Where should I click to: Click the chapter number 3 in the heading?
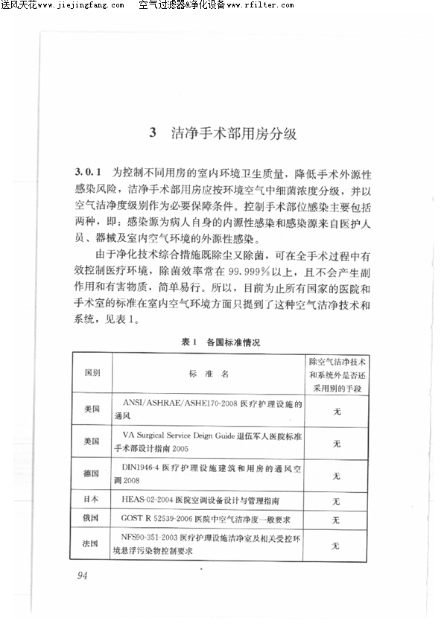coord(152,134)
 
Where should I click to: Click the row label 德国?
coord(93,474)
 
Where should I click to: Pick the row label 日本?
coord(93,499)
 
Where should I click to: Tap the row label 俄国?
coord(93,518)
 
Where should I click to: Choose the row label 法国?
coord(93,543)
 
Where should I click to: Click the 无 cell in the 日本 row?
coord(336,500)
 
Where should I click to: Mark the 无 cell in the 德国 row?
coord(336,475)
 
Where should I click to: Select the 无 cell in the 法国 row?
coord(336,545)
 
